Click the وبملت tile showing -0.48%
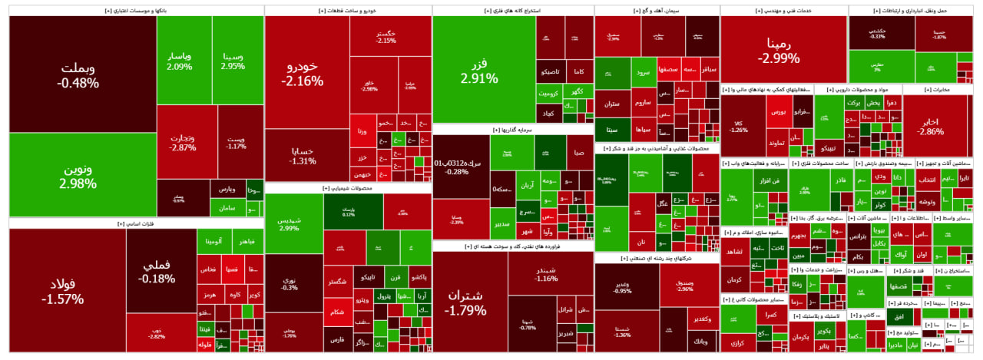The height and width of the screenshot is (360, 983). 81,74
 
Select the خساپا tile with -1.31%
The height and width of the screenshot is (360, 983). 306,156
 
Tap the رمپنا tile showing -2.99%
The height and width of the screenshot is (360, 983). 783,51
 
